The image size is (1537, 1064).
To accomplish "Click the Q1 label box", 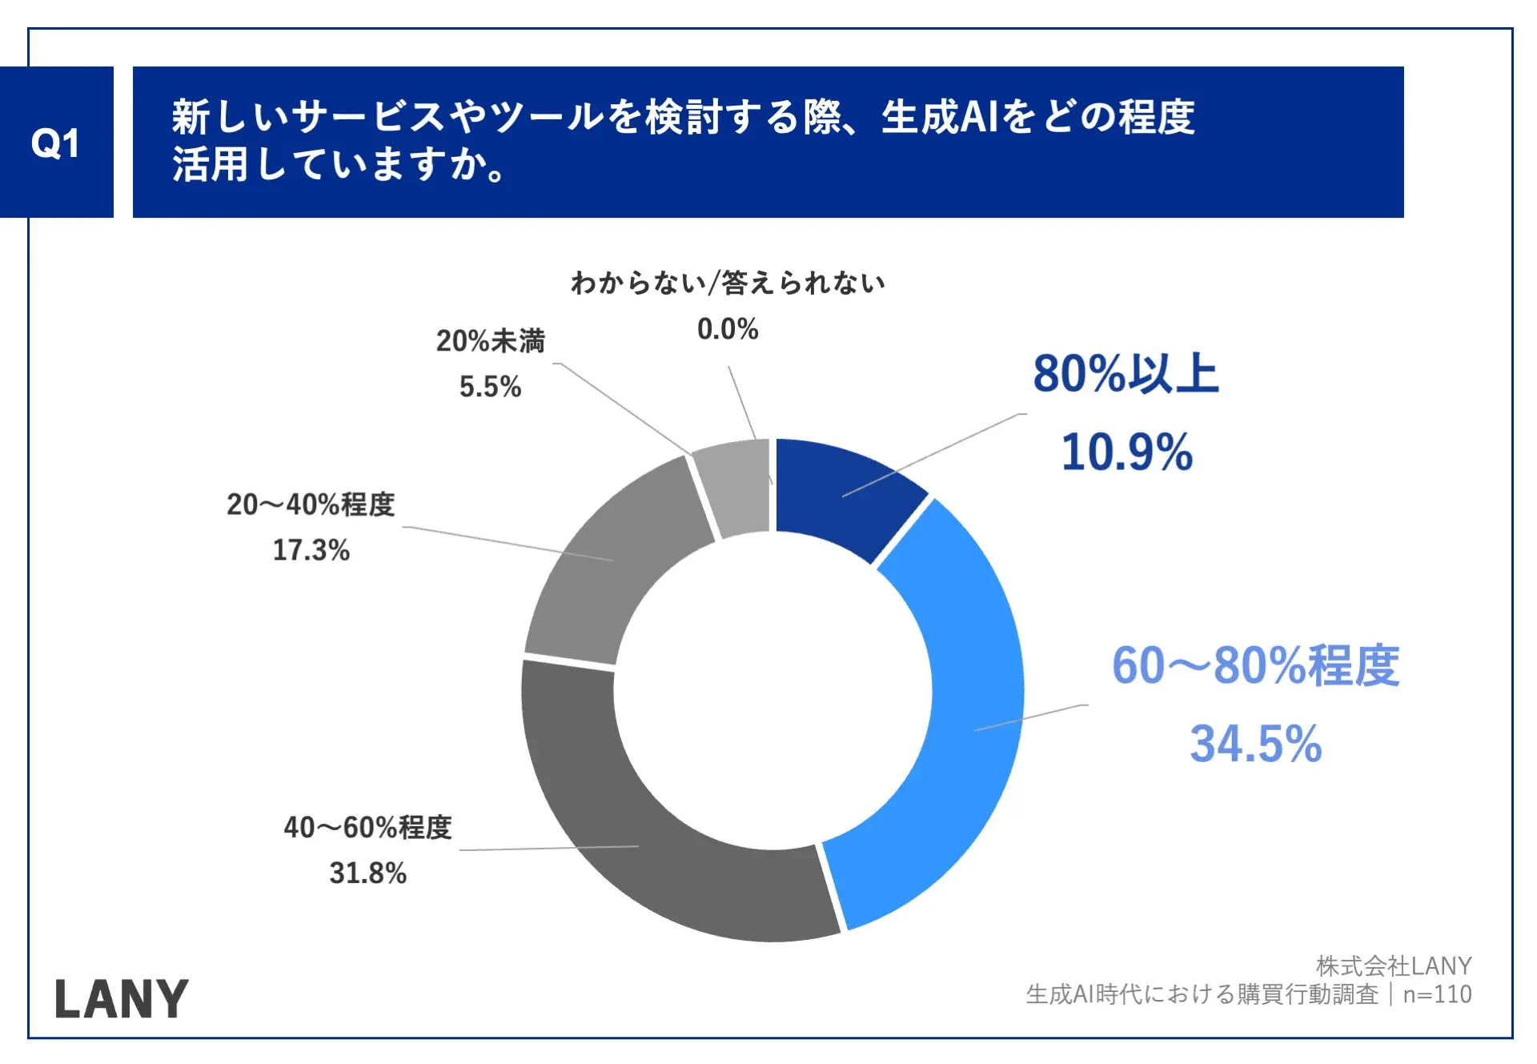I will (x=56, y=143).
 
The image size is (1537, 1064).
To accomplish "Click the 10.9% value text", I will (x=1126, y=452).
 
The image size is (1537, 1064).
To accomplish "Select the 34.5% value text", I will (x=1255, y=744).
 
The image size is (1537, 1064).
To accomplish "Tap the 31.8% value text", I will (x=367, y=873).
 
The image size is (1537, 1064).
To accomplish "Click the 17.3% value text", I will (x=311, y=550).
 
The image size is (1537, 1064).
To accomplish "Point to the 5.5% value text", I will (x=490, y=387).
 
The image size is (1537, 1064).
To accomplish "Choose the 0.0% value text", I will (x=727, y=329).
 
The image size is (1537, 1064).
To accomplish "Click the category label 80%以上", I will (x=1125, y=374).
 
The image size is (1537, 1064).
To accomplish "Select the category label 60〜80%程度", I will (x=1255, y=666).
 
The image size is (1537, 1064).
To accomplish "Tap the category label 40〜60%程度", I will (x=367, y=827).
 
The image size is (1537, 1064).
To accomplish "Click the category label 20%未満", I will (x=490, y=341).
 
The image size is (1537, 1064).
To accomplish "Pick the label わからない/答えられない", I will (x=727, y=283).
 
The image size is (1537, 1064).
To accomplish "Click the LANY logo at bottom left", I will (x=122, y=998).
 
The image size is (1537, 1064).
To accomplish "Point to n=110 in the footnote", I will (x=1437, y=994).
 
